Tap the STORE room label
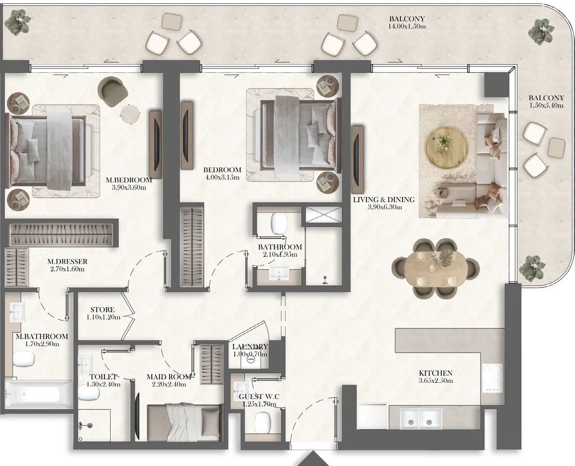(x=103, y=310)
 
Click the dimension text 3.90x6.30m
(x=384, y=207)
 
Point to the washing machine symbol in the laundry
(x=250, y=361)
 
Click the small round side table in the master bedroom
(x=130, y=114)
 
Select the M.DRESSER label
(x=67, y=262)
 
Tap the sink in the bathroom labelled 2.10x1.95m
(x=278, y=274)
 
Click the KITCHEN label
(x=435, y=373)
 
